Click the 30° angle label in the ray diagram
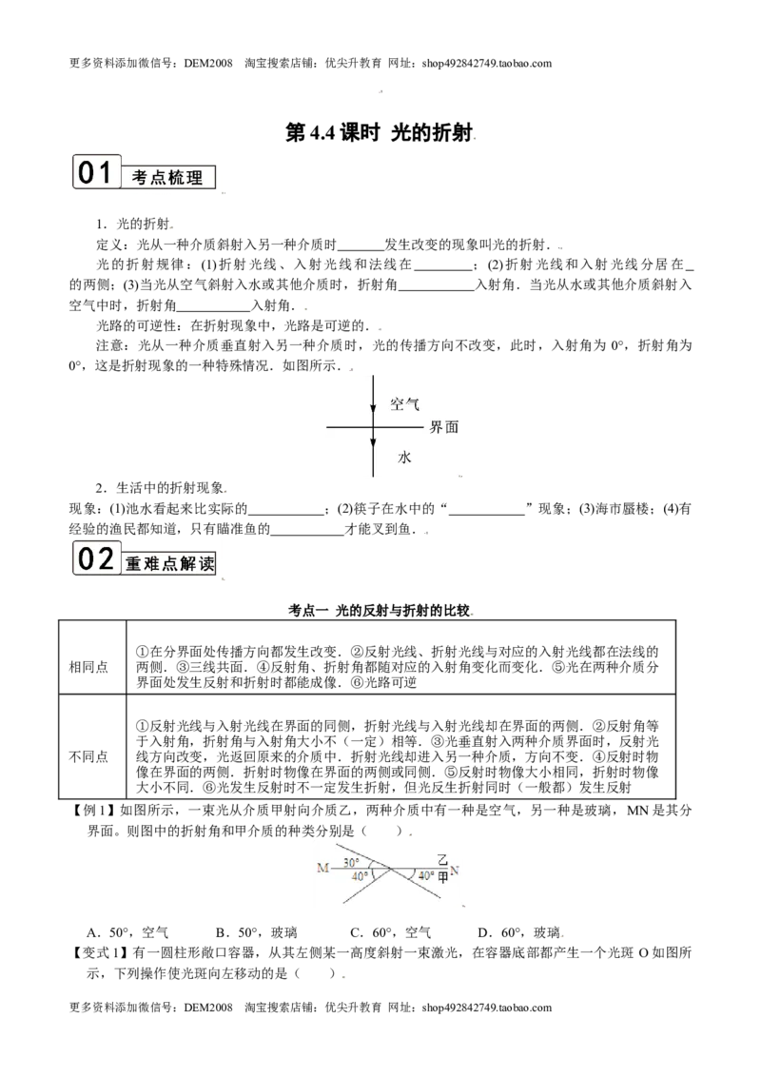351,862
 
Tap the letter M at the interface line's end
322,869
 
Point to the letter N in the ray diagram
454,871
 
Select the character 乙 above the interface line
442,859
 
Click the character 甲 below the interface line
442,877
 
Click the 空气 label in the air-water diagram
404,403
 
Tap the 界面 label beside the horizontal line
443,427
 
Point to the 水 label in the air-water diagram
404,457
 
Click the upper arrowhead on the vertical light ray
373,406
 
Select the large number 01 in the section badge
95,172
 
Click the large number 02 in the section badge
95,558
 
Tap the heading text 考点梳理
167,178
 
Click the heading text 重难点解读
169,564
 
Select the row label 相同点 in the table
88,667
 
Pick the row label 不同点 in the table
88,757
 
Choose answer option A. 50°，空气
127,932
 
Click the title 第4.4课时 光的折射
380,132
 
